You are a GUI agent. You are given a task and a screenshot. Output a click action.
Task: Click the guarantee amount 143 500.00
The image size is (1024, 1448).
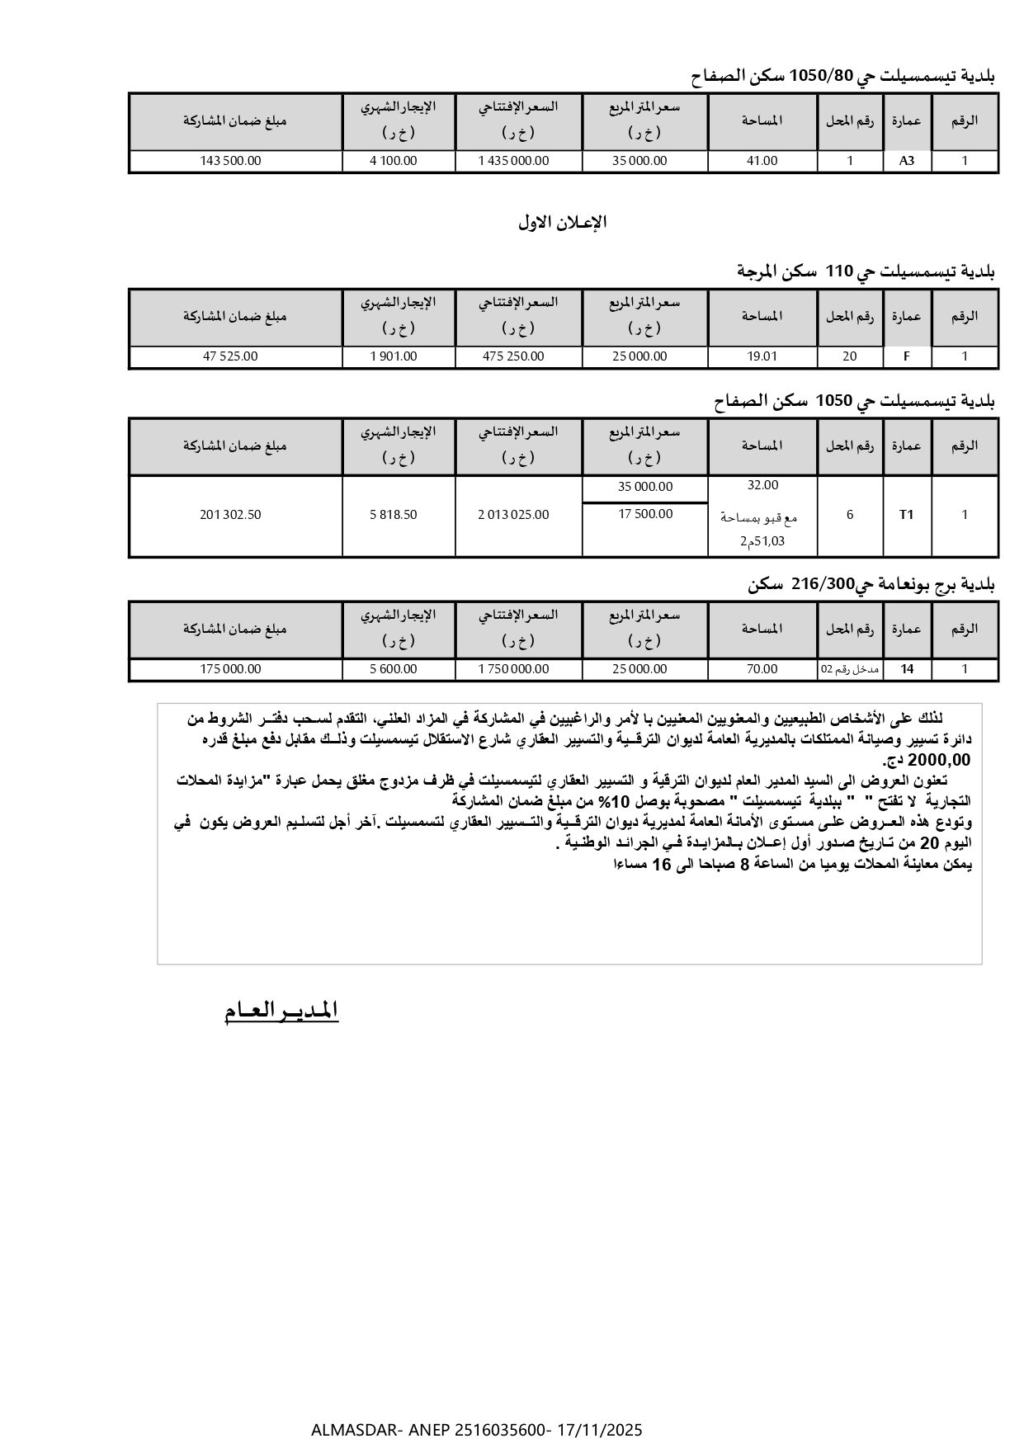[230, 161]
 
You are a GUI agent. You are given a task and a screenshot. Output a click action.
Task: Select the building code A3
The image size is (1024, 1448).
[907, 161]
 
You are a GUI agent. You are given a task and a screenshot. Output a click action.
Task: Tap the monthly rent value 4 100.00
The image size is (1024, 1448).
[394, 161]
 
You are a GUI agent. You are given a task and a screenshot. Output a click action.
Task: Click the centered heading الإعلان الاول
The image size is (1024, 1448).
[563, 222]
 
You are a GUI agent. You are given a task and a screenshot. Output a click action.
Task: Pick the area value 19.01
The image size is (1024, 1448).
[762, 356]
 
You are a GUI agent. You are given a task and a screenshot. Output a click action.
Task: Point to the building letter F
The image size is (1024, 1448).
[907, 356]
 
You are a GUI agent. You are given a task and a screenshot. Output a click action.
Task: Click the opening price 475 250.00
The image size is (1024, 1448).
[513, 356]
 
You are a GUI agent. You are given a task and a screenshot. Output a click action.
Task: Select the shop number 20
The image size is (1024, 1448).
[850, 356]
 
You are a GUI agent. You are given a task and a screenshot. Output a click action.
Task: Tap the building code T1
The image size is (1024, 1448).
[907, 515]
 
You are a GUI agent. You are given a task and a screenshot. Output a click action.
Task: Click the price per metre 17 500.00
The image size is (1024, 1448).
[645, 514]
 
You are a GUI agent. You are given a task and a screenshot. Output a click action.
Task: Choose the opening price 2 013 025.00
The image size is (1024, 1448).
[513, 515]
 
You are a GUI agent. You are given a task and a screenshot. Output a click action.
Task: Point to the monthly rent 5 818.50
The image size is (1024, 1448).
[394, 515]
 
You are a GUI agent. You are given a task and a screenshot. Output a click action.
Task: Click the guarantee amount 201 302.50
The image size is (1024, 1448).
[230, 515]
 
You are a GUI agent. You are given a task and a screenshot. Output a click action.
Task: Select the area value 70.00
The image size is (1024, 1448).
[762, 669]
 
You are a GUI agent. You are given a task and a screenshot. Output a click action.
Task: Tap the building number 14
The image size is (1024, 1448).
[907, 669]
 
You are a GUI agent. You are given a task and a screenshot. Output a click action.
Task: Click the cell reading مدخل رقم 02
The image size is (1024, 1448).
[850, 669]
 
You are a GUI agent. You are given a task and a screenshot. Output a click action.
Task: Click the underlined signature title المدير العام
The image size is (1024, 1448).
[281, 1011]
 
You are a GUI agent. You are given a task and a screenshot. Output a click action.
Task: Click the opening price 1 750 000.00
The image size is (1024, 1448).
[513, 669]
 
